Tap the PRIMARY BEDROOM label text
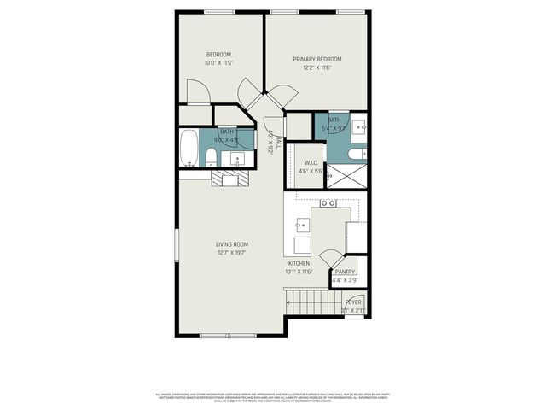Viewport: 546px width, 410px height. [x=317, y=59]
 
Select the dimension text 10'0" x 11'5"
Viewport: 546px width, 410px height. [x=218, y=63]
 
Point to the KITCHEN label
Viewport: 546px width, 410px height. [x=299, y=264]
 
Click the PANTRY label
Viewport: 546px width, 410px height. [x=345, y=272]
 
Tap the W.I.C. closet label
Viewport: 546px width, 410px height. [x=311, y=162]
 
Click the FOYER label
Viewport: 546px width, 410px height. [x=353, y=302]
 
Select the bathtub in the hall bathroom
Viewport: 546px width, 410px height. [x=189, y=149]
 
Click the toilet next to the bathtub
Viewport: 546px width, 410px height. [x=211, y=156]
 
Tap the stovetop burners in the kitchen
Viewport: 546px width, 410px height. [x=328, y=203]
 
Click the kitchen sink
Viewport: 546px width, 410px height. [x=301, y=225]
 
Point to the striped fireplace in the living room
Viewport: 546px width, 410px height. [x=229, y=178]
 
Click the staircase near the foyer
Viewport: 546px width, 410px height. [x=312, y=302]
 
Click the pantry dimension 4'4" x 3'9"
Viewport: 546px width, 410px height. [x=345, y=280]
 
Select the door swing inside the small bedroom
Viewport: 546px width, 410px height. [x=197, y=91]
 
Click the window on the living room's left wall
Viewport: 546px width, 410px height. [x=177, y=247]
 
